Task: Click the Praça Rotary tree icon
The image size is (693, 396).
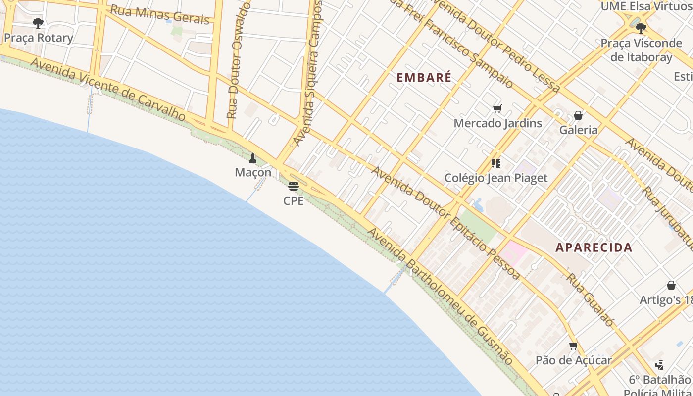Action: (x=38, y=23)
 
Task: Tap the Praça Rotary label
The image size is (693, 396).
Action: (x=38, y=38)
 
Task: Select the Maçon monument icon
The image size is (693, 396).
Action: (x=253, y=158)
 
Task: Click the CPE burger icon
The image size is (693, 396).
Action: (x=294, y=186)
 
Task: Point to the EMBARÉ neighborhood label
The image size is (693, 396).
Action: (x=424, y=78)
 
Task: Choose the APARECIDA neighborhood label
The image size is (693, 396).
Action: (x=594, y=247)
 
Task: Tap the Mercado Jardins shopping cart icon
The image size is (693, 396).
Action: (x=497, y=109)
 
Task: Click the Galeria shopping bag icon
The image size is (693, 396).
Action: (x=578, y=116)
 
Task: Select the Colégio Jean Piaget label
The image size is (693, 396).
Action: (x=496, y=178)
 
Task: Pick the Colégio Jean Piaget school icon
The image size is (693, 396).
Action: (x=495, y=163)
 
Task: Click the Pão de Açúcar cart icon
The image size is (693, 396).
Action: (x=573, y=346)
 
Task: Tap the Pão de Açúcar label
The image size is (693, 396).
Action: (x=574, y=360)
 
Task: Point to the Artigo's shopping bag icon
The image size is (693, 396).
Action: (x=671, y=285)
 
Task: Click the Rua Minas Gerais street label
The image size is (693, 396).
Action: (x=159, y=15)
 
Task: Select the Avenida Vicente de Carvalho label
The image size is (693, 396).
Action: (x=108, y=90)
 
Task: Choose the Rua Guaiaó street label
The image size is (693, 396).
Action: (x=590, y=300)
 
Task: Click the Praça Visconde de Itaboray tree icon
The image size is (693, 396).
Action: (x=641, y=28)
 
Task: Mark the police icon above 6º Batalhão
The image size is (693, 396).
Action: (x=659, y=365)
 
